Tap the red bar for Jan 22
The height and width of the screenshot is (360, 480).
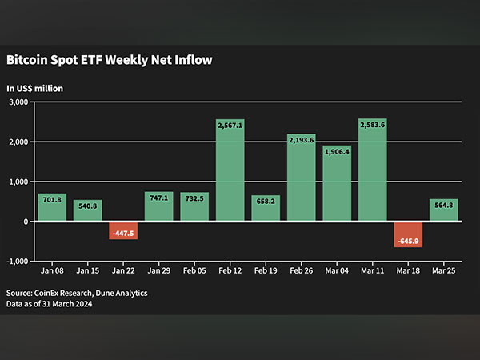tap(123, 230)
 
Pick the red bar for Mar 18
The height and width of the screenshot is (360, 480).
tap(408, 234)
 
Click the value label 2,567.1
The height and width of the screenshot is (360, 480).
tap(230, 125)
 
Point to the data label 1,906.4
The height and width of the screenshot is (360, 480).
tap(337, 151)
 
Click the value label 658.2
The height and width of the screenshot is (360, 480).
tap(266, 201)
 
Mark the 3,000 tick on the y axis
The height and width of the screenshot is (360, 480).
tap(18, 102)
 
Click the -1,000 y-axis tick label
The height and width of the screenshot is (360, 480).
tap(18, 262)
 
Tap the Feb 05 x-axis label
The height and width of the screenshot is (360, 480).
tap(194, 272)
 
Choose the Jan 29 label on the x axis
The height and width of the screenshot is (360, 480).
tap(158, 272)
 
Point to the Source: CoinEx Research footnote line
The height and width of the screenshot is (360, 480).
tap(77, 294)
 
